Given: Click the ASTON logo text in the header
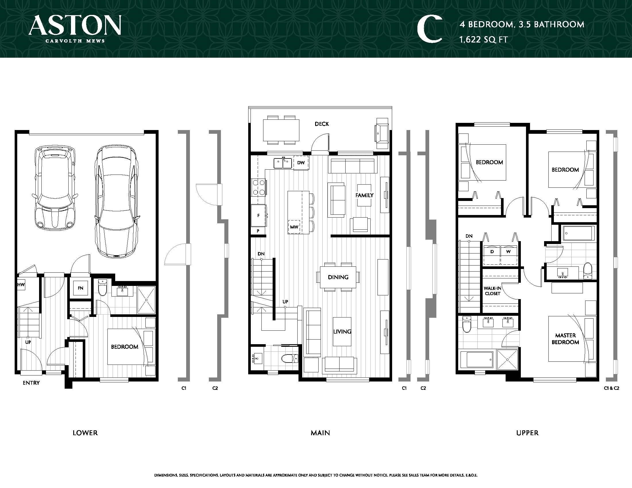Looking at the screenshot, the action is pyautogui.click(x=75, y=26).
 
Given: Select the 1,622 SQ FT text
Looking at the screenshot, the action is pyautogui.click(x=483, y=39).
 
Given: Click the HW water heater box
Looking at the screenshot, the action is pyautogui.click(x=21, y=285).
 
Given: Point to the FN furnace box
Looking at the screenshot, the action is pyautogui.click(x=80, y=288).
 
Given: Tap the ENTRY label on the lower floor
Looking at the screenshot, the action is pyautogui.click(x=31, y=383).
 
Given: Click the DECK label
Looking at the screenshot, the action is pyautogui.click(x=322, y=124).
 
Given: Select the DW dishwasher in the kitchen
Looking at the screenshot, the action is pyautogui.click(x=301, y=163).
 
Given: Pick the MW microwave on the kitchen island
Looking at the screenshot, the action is pyautogui.click(x=294, y=227).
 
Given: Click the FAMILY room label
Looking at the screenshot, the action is pyautogui.click(x=364, y=195).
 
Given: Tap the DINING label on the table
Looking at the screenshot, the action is pyautogui.click(x=338, y=277).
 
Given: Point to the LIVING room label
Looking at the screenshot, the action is pyautogui.click(x=342, y=332).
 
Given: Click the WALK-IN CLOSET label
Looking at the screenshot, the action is pyautogui.click(x=492, y=291).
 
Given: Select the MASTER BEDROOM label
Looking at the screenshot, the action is pyautogui.click(x=565, y=339).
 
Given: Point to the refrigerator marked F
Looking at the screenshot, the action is pyautogui.click(x=259, y=216).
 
